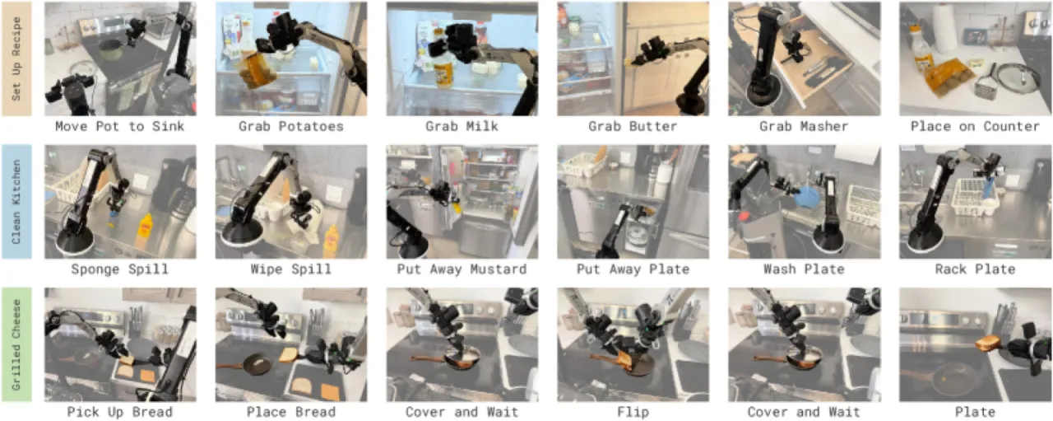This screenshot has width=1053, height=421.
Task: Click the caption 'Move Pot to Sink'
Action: point(120,126)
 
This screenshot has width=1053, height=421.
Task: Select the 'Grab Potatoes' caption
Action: point(291,126)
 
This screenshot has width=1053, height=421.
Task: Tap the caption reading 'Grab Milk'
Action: point(462,126)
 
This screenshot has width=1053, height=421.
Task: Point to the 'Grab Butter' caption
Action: point(633,126)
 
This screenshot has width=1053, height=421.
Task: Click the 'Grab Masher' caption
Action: point(804,126)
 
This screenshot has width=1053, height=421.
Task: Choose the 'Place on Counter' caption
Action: point(975,126)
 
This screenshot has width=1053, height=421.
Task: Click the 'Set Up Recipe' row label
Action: point(16,58)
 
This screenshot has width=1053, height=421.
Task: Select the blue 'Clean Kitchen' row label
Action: point(16,202)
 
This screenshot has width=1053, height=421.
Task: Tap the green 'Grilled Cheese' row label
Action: point(16,344)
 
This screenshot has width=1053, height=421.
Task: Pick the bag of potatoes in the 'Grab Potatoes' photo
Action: point(256,70)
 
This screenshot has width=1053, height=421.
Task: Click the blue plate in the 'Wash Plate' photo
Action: point(808,198)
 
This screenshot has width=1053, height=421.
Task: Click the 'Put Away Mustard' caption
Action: point(462,269)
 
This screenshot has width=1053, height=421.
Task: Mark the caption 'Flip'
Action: point(633,412)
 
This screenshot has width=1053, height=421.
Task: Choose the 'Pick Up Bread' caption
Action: point(120,412)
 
